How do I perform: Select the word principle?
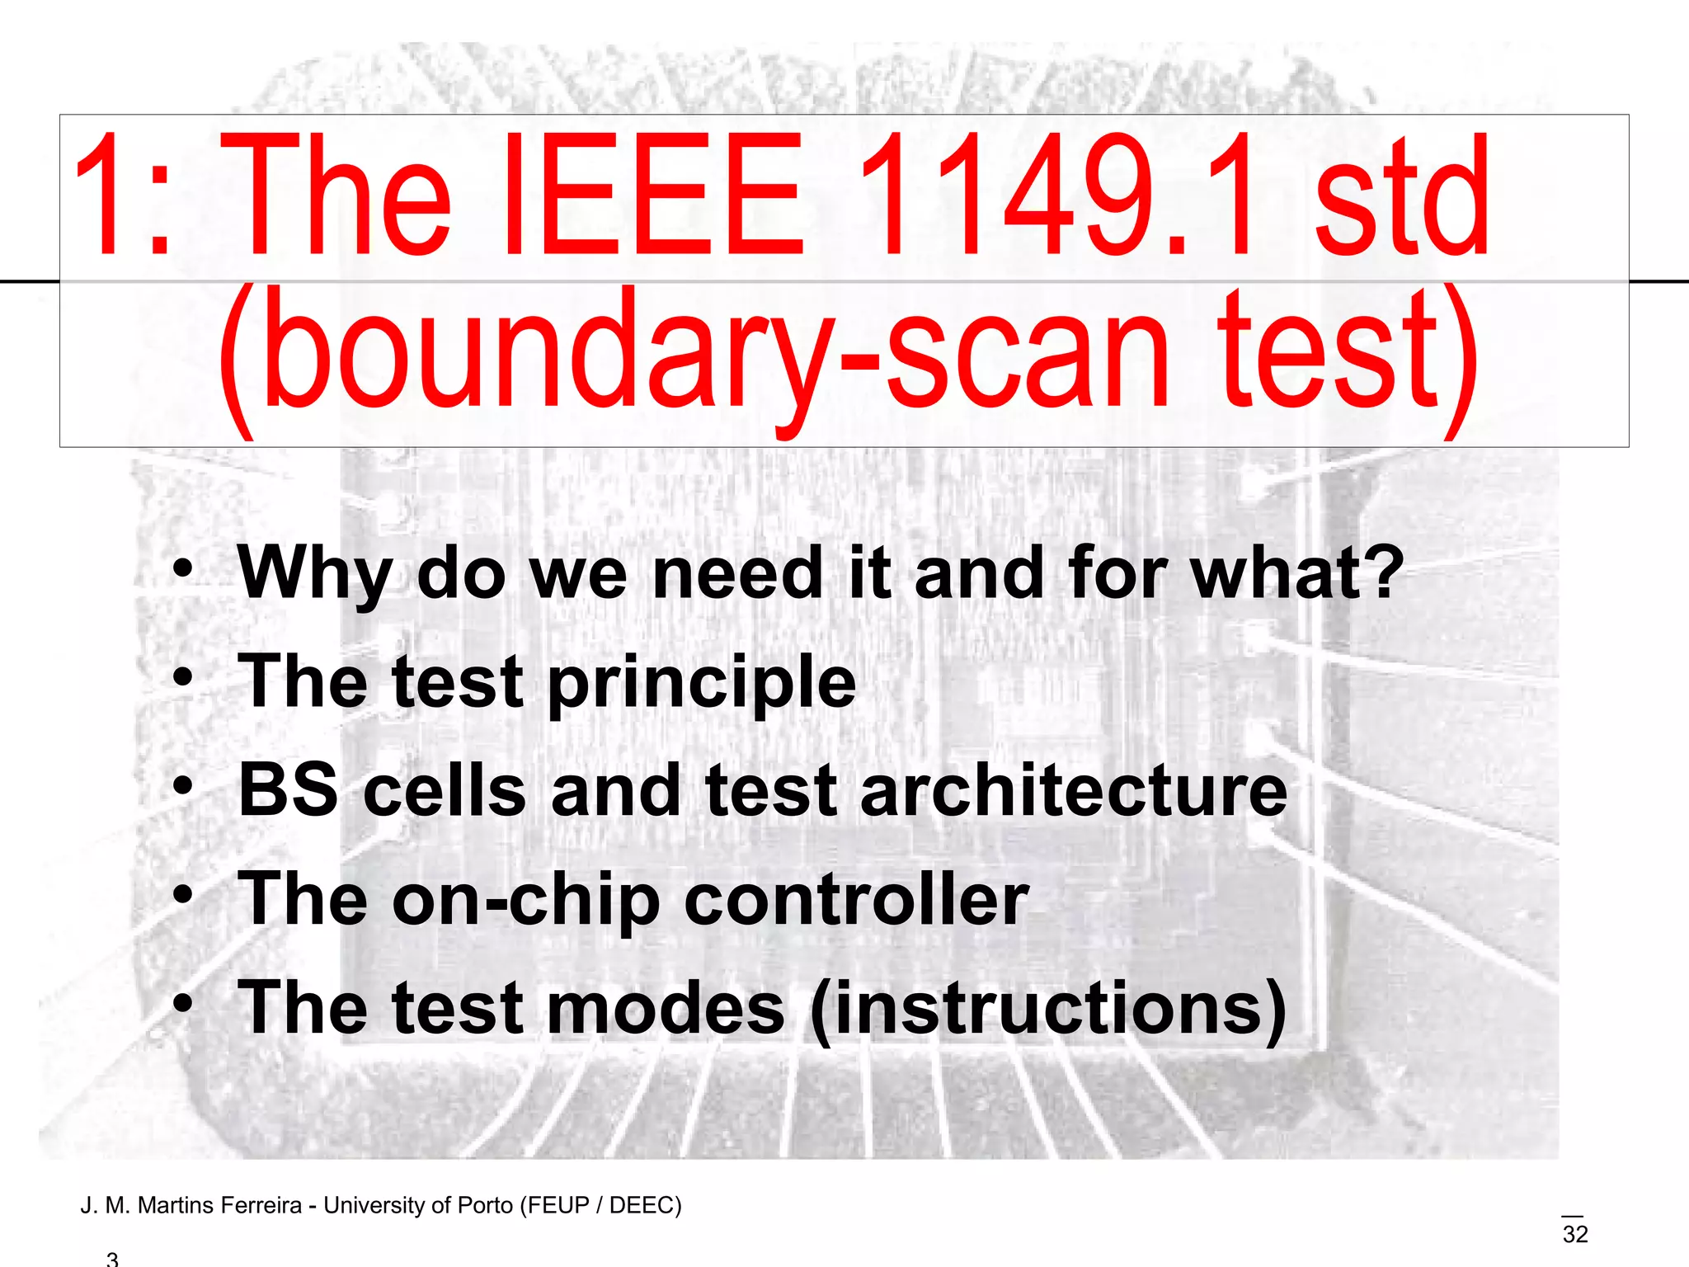tap(702, 682)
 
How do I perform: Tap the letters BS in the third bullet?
tap(288, 789)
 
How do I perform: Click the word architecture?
tap(1073, 789)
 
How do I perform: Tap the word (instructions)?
tap(1048, 1009)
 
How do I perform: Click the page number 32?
tap(1574, 1234)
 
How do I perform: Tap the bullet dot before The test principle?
tap(183, 678)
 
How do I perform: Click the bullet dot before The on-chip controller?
tap(183, 895)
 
